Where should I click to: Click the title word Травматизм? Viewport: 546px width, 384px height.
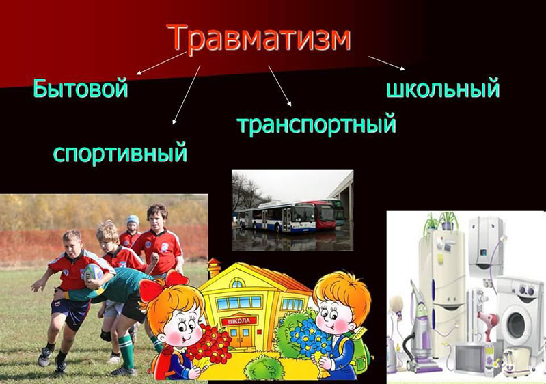click(x=260, y=38)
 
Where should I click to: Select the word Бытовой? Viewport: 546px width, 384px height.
click(x=81, y=88)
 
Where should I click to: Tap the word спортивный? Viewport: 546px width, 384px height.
click(x=120, y=152)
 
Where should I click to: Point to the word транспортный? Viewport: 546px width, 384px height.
click(x=316, y=124)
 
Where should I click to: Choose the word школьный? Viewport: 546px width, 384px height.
click(x=443, y=88)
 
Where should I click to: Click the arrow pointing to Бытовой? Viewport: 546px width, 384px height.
click(x=161, y=64)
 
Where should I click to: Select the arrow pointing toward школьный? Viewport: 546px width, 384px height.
click(x=387, y=63)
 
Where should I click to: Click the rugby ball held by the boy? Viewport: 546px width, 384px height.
click(x=94, y=272)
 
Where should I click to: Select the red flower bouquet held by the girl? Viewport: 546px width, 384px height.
click(x=208, y=343)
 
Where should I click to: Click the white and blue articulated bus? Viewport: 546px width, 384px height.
click(x=276, y=217)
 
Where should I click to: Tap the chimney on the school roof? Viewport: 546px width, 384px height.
click(x=213, y=268)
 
